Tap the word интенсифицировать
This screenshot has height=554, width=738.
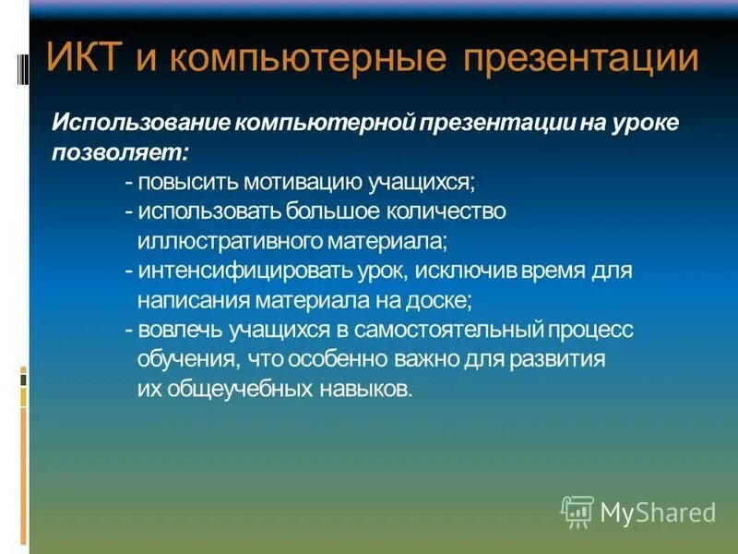(242, 271)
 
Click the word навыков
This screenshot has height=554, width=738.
(365, 389)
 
